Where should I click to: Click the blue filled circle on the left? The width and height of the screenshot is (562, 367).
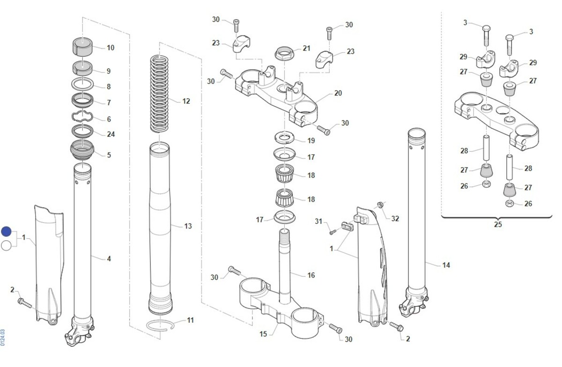click(x=6, y=231)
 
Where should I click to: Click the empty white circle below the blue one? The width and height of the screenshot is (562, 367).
click(x=6, y=245)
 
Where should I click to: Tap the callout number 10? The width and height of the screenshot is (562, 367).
click(x=111, y=48)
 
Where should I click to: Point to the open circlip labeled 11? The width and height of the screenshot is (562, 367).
click(x=160, y=324)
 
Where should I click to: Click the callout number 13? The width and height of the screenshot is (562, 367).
click(x=188, y=227)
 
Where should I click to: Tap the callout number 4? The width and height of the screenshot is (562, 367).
click(x=109, y=258)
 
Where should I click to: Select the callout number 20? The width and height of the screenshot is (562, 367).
click(x=338, y=93)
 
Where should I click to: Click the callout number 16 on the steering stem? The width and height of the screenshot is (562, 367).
click(x=311, y=275)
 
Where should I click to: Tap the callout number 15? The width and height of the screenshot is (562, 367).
click(x=263, y=334)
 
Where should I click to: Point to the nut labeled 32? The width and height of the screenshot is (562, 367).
click(x=381, y=206)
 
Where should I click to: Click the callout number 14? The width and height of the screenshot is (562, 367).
click(x=446, y=265)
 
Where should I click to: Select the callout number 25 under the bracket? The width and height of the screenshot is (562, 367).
click(x=497, y=224)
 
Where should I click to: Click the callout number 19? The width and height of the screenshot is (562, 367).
click(x=311, y=140)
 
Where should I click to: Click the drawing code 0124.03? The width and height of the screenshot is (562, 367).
click(x=3, y=337)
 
